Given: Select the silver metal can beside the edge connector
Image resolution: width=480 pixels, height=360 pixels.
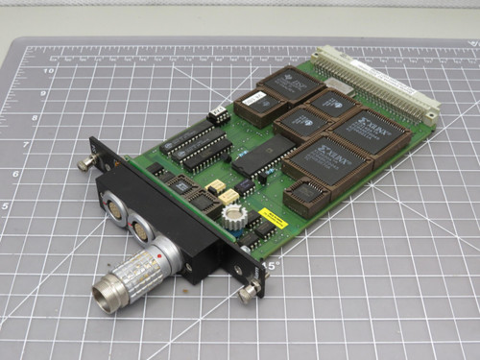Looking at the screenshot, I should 337,86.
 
